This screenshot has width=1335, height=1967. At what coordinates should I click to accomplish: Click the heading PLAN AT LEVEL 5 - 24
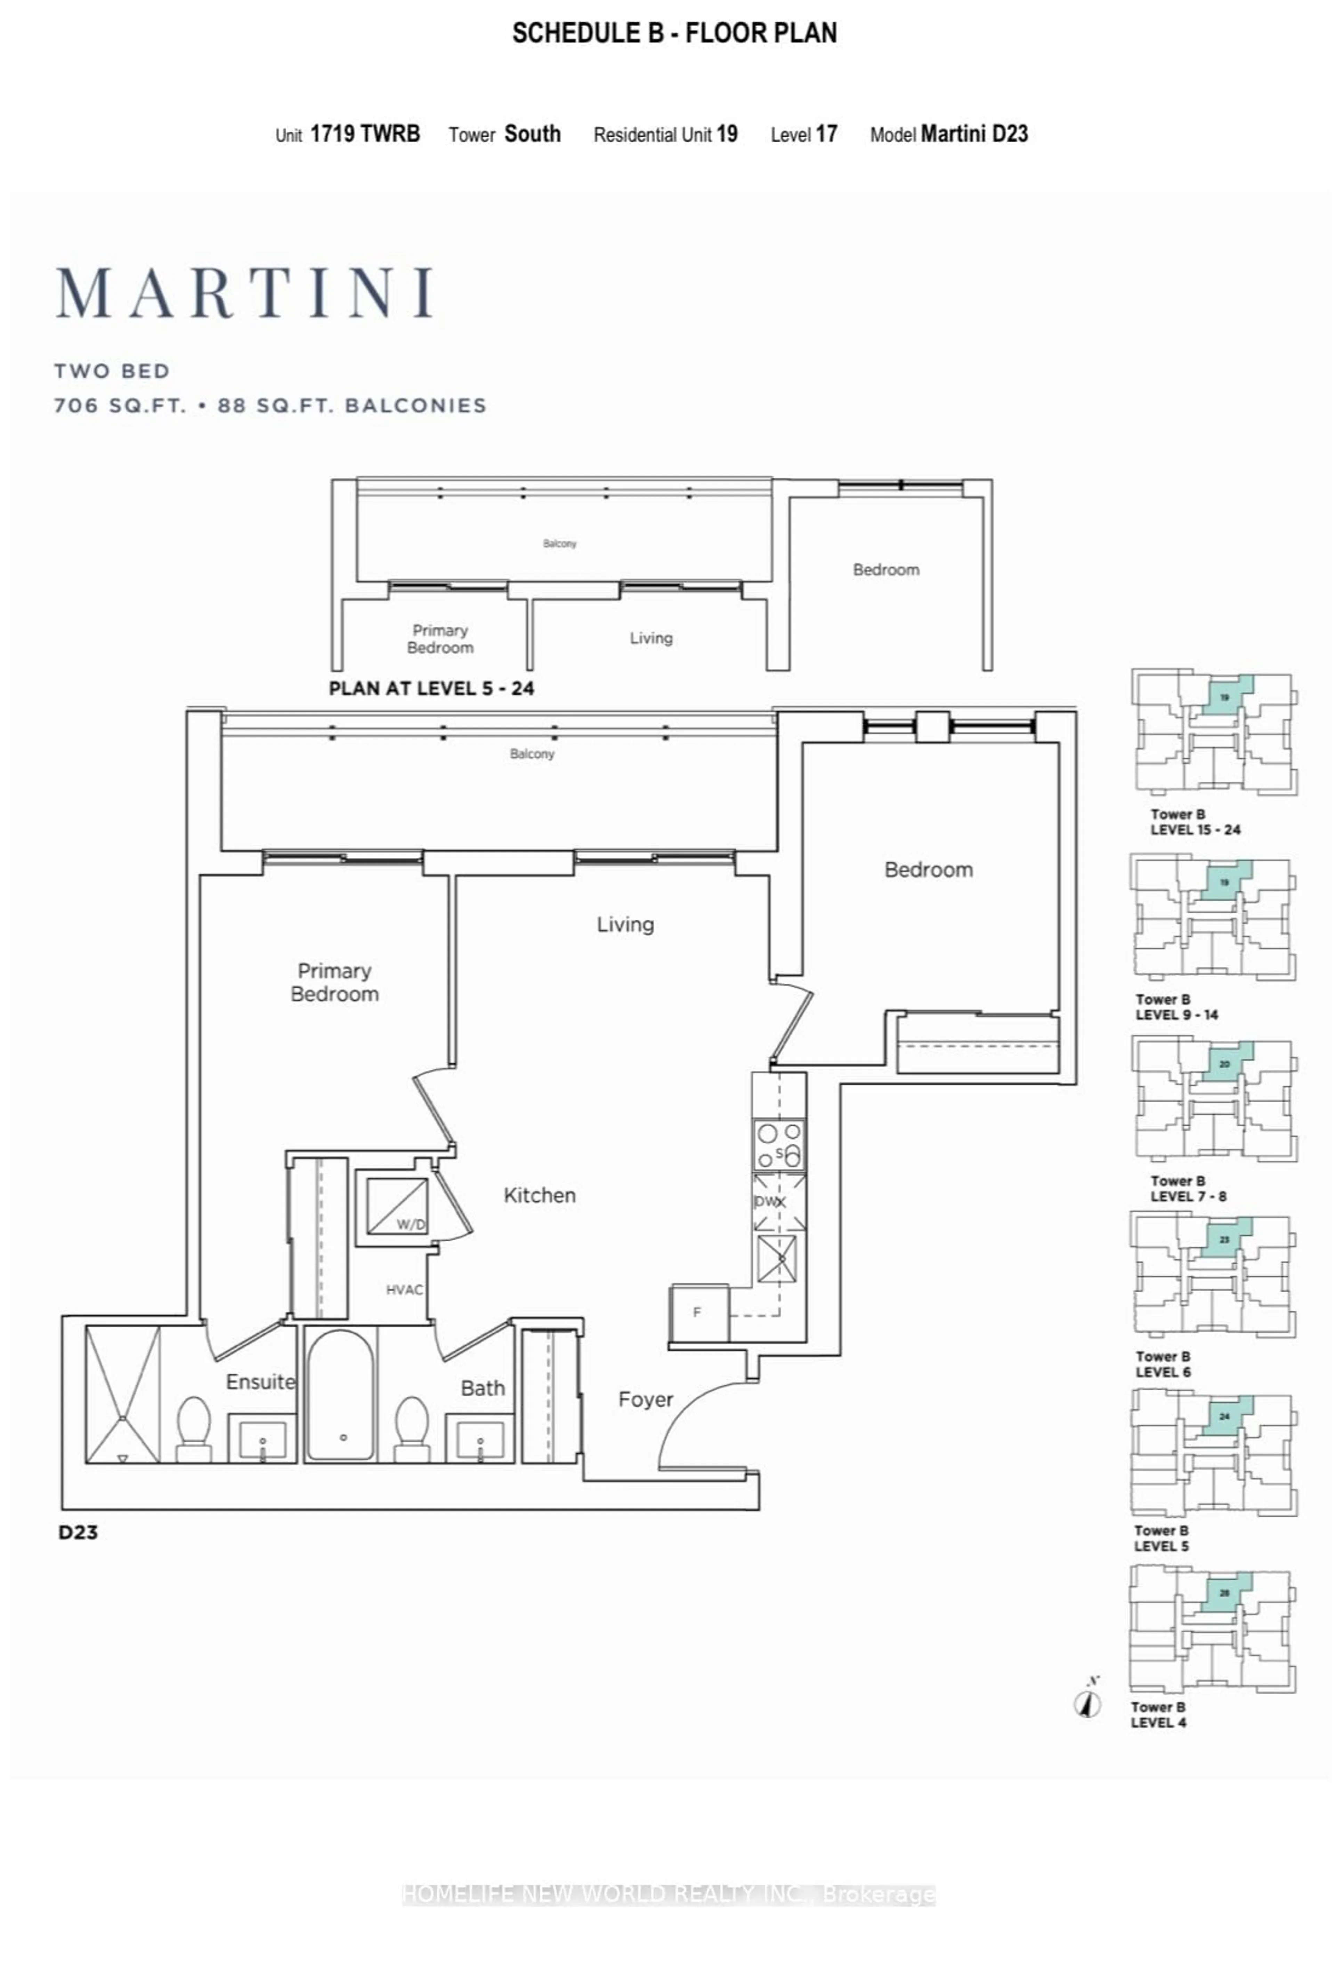coord(431,688)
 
